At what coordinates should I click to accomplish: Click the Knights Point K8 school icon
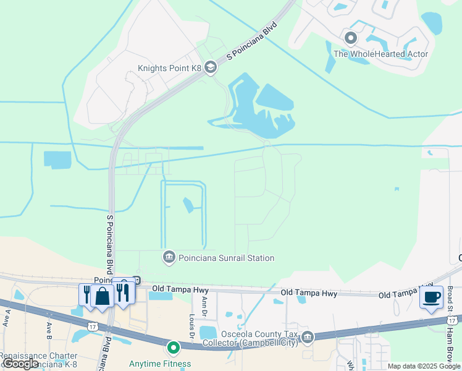[211, 67]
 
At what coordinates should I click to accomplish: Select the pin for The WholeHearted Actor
[351, 39]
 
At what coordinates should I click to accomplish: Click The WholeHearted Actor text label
[380, 54]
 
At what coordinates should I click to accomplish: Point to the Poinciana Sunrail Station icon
[169, 257]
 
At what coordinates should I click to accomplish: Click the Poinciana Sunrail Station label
[226, 258]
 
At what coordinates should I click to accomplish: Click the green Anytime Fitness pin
[174, 348]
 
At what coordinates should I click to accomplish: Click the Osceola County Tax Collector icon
[308, 336]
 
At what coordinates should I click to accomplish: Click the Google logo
[20, 364]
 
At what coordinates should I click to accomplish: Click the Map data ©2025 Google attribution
[424, 366]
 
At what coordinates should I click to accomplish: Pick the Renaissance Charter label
[38, 356]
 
